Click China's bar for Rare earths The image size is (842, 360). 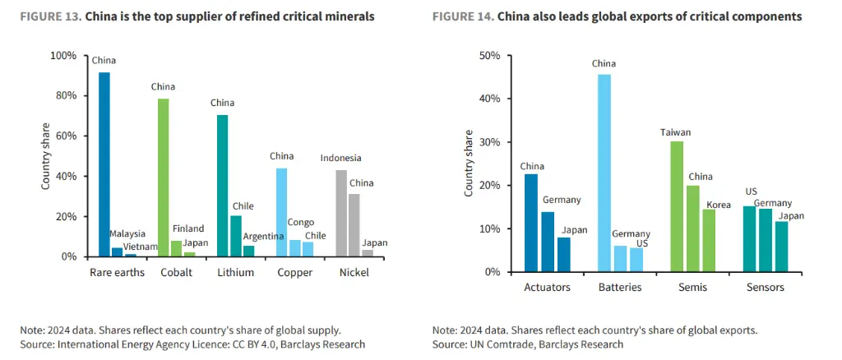pyautogui.click(x=104, y=164)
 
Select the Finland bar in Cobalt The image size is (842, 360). pyautogui.click(x=176, y=249)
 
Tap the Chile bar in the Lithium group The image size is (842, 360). pyautogui.click(x=236, y=236)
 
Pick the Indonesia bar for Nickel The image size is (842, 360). pyautogui.click(x=341, y=214)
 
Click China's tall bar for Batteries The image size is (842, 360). pyautogui.click(x=604, y=173)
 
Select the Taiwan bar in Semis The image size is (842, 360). pyautogui.click(x=678, y=206)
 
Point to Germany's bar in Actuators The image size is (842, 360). pyautogui.click(x=547, y=242)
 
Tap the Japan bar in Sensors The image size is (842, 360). pyautogui.click(x=781, y=247)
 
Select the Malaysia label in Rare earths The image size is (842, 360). pyautogui.click(x=127, y=234)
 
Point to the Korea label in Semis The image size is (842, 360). pyautogui.click(x=719, y=205)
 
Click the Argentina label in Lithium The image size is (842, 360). pyautogui.click(x=263, y=236)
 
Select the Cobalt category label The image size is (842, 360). pyautogui.click(x=176, y=273)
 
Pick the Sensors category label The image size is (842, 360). pyautogui.click(x=766, y=288)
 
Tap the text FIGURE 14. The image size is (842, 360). pyautogui.click(x=464, y=17)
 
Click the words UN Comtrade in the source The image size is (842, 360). pyautogui.click(x=489, y=344)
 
